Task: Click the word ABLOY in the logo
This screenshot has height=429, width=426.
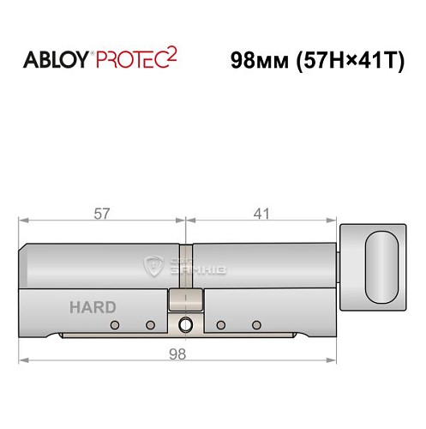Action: pos(57,61)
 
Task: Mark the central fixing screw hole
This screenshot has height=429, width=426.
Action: pos(186,324)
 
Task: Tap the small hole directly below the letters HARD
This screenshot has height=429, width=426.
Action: pos(114,324)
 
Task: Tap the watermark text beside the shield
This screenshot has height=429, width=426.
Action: pos(195,266)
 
